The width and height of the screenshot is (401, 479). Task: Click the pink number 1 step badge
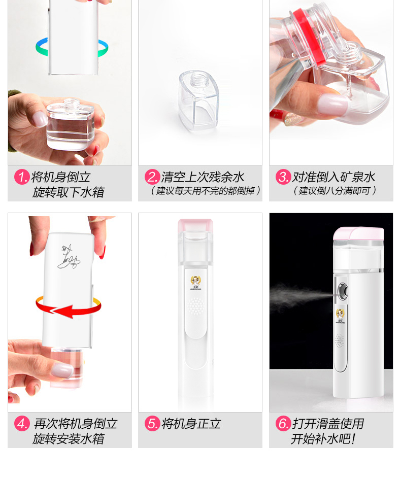tap(22, 177)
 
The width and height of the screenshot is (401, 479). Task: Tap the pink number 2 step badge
tap(152, 177)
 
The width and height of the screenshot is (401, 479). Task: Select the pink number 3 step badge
tap(283, 177)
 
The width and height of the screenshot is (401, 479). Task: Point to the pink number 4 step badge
tap(22, 423)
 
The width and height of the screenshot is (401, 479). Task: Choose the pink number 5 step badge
tap(152, 423)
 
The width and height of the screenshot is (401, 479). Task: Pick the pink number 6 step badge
tap(283, 423)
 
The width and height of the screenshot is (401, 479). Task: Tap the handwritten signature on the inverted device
tap(69, 257)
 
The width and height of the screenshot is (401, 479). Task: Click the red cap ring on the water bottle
tap(309, 36)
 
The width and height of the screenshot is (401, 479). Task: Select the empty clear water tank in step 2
tap(198, 101)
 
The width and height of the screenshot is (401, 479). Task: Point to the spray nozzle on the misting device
tap(342, 291)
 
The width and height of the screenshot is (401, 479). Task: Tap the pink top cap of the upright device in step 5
tap(195, 225)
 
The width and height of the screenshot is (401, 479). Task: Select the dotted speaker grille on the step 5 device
tap(195, 306)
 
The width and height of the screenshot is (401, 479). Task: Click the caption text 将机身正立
tap(191, 424)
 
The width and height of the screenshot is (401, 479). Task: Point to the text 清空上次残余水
tap(203, 177)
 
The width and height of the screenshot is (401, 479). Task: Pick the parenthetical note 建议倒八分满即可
tap(335, 191)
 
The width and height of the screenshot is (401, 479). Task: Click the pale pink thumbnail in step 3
tap(333, 103)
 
